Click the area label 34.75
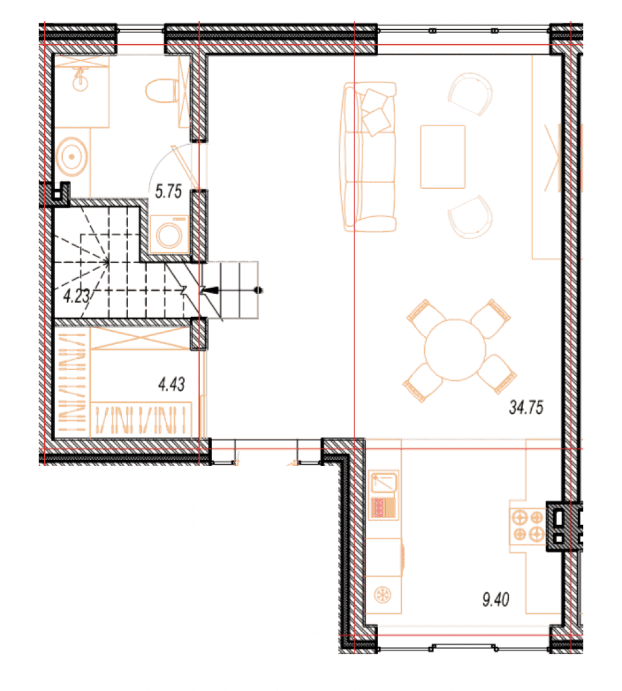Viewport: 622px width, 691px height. (x=526, y=407)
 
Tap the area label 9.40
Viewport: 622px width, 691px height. (x=495, y=599)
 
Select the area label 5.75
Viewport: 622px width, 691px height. (x=168, y=191)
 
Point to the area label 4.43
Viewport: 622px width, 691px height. (x=171, y=384)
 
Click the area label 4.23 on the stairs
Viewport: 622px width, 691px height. (x=77, y=296)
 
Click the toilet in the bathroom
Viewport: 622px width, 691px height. (x=162, y=91)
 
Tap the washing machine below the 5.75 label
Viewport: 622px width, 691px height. (x=169, y=234)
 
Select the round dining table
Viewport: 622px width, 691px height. (x=455, y=350)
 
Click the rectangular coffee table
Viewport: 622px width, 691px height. (x=442, y=157)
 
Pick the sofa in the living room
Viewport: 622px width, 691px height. (x=369, y=157)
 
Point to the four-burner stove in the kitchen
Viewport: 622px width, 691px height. (x=528, y=526)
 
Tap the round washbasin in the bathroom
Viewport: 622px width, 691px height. (x=72, y=157)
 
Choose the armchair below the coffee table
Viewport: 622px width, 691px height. (x=470, y=217)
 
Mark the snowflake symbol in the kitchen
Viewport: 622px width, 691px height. (x=383, y=595)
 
